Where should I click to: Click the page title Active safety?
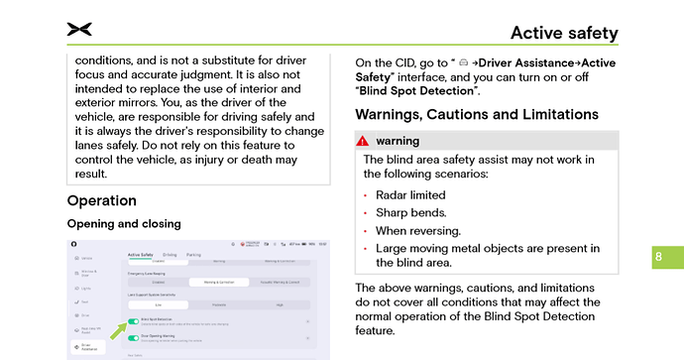[x=564, y=33]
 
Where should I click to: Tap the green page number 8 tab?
[x=658, y=258]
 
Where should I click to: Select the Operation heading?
[x=101, y=201]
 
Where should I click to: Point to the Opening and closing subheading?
[x=124, y=223]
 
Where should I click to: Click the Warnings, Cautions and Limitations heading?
[x=476, y=114]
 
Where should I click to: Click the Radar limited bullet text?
[x=410, y=195]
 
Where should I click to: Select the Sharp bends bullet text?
[x=410, y=212]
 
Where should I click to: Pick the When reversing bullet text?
[x=418, y=230]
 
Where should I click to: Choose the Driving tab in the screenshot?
[x=170, y=255]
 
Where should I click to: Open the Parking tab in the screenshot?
[x=193, y=255]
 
